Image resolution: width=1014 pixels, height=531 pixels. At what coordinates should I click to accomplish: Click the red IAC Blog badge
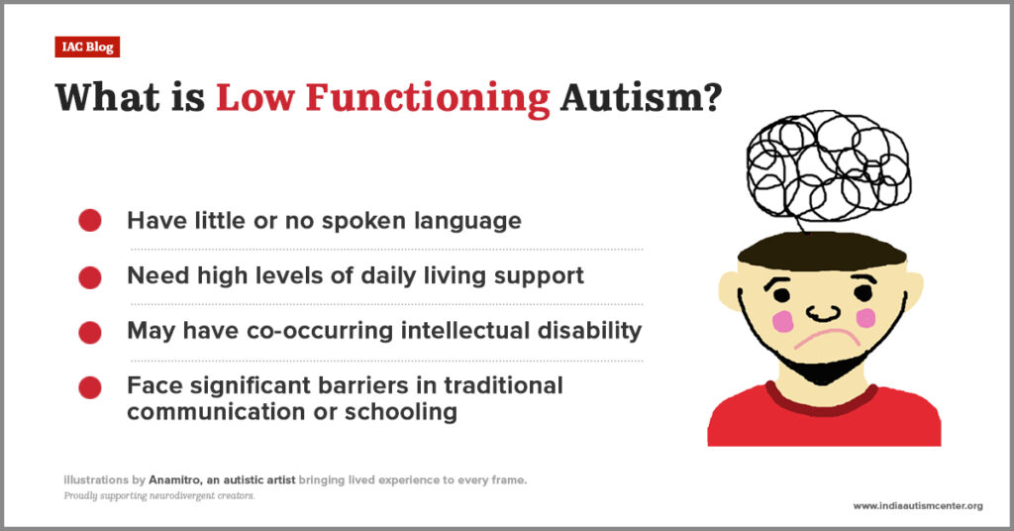click(x=87, y=48)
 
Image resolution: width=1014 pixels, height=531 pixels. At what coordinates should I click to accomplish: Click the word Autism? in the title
click(x=641, y=98)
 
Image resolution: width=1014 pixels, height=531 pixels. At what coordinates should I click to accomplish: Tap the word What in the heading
click(x=107, y=98)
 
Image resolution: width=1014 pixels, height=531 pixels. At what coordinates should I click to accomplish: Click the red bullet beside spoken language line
click(x=90, y=221)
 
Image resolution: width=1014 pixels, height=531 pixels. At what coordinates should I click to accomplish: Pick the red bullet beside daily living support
click(x=90, y=277)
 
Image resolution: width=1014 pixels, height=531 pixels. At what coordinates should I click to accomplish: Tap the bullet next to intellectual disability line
click(x=90, y=333)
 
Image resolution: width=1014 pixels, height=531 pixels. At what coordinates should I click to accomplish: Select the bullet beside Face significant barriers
click(x=90, y=388)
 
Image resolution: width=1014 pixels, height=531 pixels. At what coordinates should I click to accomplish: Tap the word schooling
click(x=401, y=412)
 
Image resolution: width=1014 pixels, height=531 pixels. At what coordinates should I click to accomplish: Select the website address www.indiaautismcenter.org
click(x=918, y=506)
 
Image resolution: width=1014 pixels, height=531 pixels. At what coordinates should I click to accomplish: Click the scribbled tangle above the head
click(x=828, y=165)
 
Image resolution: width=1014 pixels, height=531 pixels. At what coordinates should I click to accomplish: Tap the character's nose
click(x=823, y=313)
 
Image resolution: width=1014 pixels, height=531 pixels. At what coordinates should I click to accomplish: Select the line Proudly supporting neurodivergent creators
click(x=159, y=496)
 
